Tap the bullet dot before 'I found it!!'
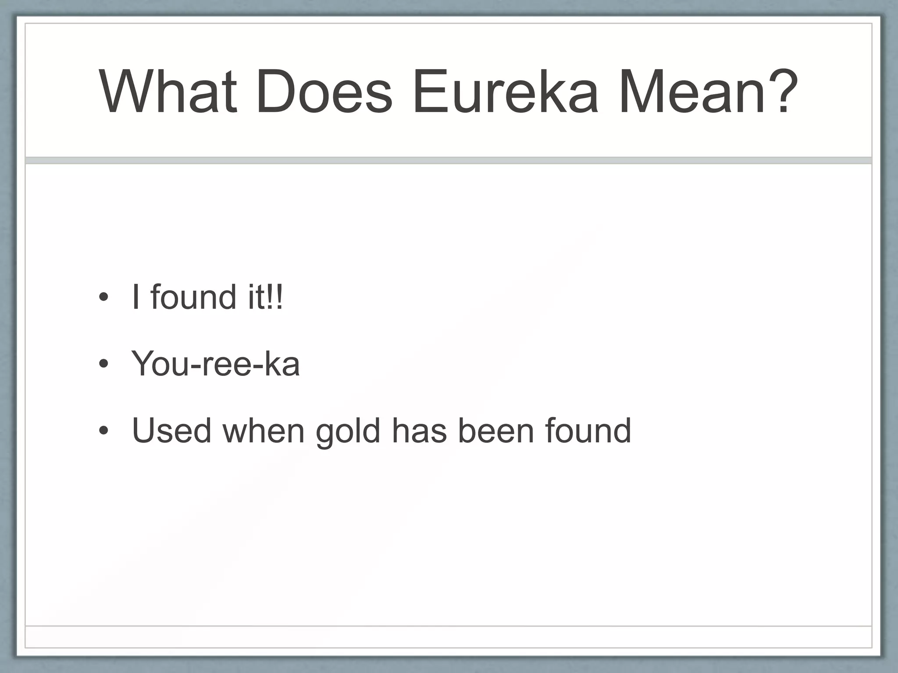(x=103, y=298)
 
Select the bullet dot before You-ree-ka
(x=103, y=364)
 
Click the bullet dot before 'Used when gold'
(x=103, y=431)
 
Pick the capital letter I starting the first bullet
(x=136, y=297)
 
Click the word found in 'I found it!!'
(x=193, y=297)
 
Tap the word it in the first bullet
(x=256, y=297)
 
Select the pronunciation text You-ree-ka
(x=215, y=364)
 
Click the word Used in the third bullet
(x=171, y=431)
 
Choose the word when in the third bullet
(x=263, y=431)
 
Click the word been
(x=496, y=431)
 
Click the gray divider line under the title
(x=448, y=160)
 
